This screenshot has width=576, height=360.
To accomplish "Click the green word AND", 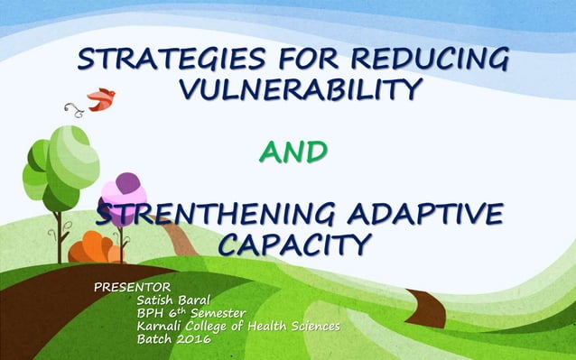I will coord(288,154).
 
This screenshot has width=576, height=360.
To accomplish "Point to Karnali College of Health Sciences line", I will coord(237,326).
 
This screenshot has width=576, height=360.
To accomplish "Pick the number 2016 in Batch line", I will coord(191,339).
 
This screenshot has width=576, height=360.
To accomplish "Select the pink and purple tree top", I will coord(124,192).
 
